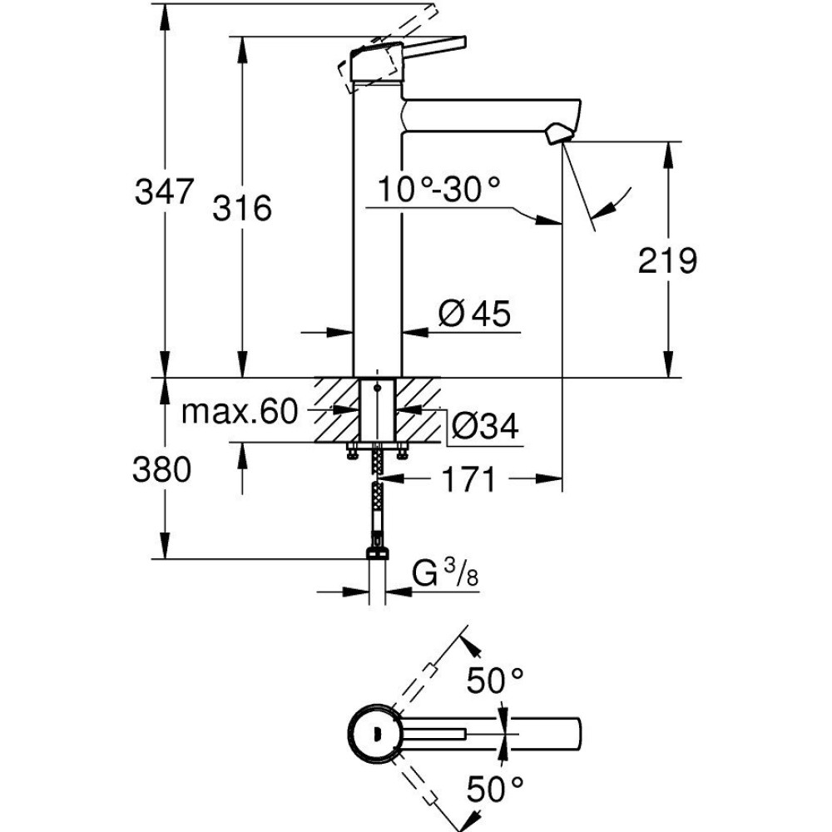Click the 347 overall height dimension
coord(165,194)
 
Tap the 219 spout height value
coord(667,261)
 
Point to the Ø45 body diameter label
coord(473,314)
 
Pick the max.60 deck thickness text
coord(239,411)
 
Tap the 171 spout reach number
coord(468,479)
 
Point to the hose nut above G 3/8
coord(379,552)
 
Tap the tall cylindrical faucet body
coord(378,233)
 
